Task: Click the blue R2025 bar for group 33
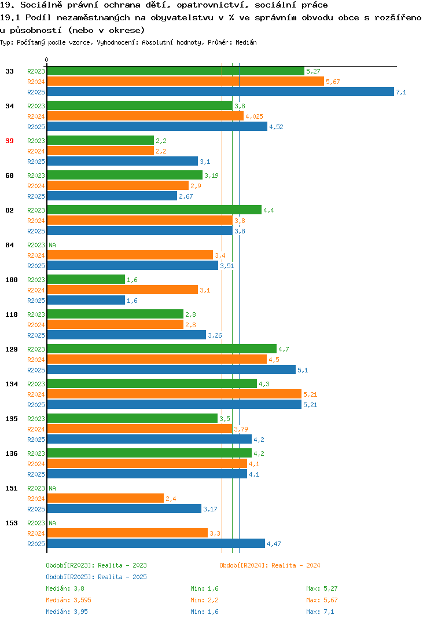pos(220,92)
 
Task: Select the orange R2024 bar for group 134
pos(174,394)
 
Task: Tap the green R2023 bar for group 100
pos(86,279)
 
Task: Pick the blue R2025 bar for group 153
pos(156,543)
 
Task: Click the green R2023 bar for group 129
pos(161,349)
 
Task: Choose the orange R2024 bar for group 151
pos(105,498)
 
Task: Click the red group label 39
pos(9,141)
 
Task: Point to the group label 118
pos(12,314)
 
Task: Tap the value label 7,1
pos(401,92)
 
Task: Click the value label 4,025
pos(254,116)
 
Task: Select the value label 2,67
pos(186,196)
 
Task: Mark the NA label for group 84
pos(52,245)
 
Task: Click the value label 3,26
pos(215,335)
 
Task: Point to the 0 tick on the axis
pos(46,60)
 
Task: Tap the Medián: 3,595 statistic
pos(68,600)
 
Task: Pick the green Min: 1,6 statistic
pos(204,588)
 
